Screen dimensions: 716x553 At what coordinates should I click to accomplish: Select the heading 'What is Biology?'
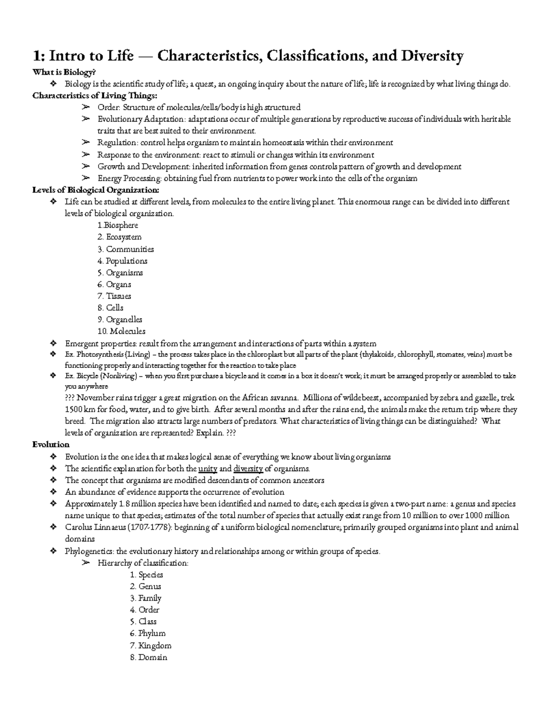click(64, 72)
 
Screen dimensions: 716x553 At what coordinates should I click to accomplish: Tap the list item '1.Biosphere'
click(118, 225)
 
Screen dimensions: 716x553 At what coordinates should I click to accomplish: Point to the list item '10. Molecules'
click(121, 331)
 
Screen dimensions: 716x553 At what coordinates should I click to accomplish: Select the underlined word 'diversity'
click(248, 469)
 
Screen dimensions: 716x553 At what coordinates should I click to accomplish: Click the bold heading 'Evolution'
click(51, 445)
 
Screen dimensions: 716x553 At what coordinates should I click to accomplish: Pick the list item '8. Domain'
click(148, 657)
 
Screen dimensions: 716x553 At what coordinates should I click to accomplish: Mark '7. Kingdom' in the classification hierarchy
click(150, 645)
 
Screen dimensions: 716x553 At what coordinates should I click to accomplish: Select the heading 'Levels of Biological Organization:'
click(96, 190)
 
